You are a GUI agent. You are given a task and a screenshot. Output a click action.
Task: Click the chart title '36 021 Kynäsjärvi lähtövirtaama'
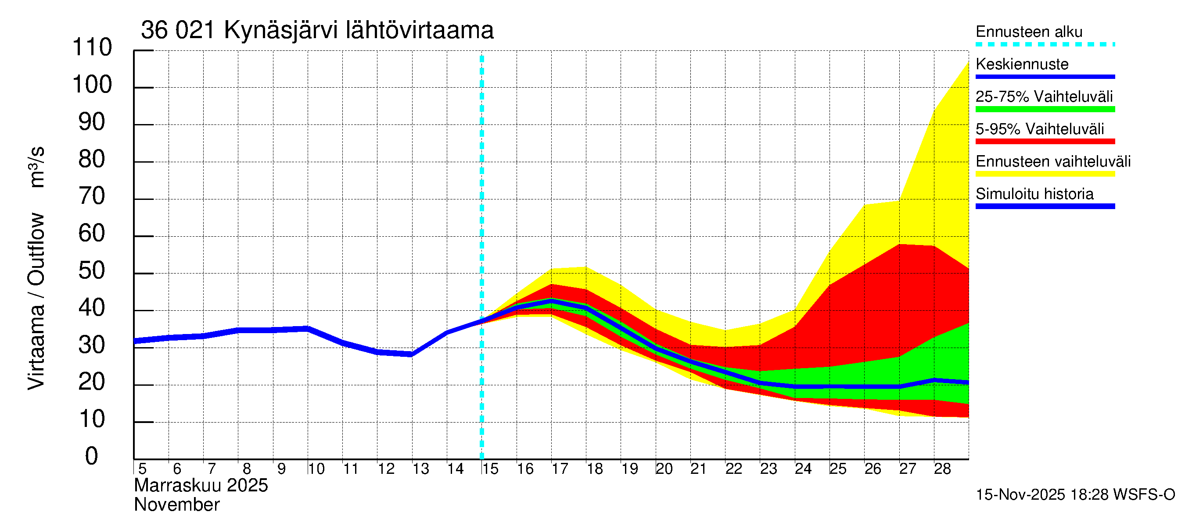click(317, 30)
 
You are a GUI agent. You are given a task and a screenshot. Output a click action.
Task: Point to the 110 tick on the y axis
click(92, 48)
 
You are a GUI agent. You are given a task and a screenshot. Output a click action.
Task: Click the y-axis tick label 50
click(92, 271)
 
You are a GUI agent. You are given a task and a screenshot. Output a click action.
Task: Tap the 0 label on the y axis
click(92, 457)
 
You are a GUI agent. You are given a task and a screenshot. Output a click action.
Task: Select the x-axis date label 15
click(490, 469)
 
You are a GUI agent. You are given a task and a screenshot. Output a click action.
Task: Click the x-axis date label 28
click(942, 469)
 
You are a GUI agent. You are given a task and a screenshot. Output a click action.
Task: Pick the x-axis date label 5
click(142, 469)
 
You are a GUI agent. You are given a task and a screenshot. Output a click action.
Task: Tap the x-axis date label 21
click(698, 469)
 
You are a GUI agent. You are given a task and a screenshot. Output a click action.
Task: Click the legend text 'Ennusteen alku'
click(1029, 32)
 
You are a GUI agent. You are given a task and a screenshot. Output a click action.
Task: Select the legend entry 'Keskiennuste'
click(1022, 64)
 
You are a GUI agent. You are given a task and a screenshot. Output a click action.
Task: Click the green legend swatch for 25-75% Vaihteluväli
click(1045, 109)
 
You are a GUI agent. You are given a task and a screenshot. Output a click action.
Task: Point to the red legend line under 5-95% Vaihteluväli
click(1045, 142)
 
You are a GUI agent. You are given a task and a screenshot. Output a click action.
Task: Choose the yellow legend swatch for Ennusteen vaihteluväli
click(1045, 174)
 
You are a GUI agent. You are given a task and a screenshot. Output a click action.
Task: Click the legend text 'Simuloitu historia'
click(1034, 194)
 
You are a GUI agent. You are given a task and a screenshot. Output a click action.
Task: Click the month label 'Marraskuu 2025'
click(201, 486)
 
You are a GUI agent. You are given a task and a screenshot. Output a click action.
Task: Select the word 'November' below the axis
click(176, 505)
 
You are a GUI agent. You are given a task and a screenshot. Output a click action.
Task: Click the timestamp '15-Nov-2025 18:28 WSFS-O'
click(1075, 495)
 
